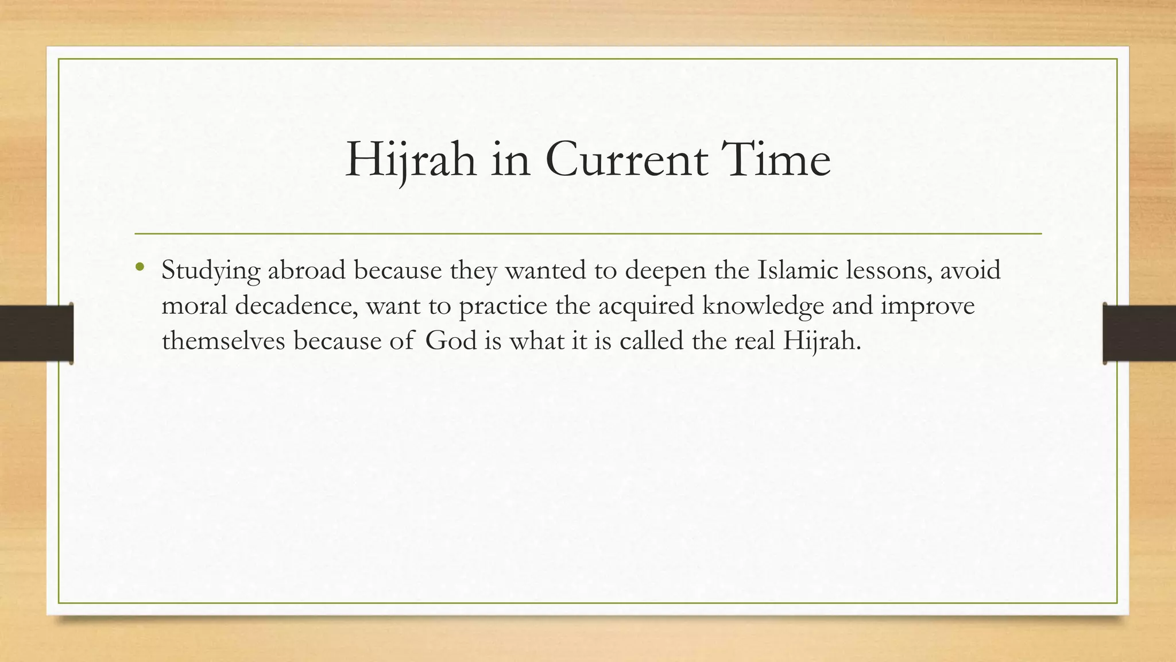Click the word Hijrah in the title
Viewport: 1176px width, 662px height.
[x=411, y=160]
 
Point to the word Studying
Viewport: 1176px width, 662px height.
[x=211, y=270]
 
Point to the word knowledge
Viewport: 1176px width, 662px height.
[x=763, y=306]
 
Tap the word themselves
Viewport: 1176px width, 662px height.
[x=223, y=341]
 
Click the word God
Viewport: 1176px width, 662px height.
[x=451, y=341]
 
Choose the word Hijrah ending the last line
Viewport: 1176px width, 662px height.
[x=822, y=341]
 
